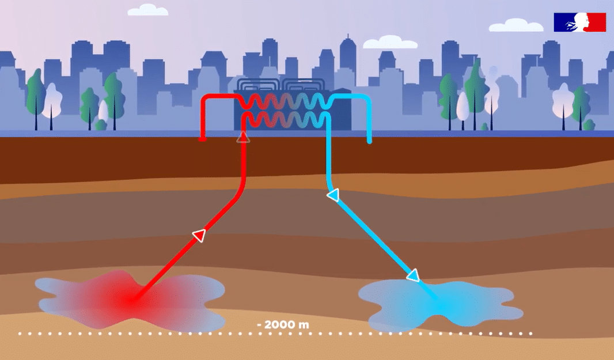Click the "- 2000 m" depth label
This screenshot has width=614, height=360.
283,324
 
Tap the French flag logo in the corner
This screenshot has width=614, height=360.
579,22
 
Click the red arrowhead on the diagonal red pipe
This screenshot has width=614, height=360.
199,235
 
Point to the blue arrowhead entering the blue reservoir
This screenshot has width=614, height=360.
414,275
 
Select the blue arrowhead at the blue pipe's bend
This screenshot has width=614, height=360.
333,195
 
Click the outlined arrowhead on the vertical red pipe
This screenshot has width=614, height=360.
243,137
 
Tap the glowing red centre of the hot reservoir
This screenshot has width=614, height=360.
129,299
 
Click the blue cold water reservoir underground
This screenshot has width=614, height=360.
441,304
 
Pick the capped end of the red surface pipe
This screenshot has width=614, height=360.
202,139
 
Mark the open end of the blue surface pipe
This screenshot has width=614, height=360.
369,141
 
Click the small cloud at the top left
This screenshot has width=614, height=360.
148,10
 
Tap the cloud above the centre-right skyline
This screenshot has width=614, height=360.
390,42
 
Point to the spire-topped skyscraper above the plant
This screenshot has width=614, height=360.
347,59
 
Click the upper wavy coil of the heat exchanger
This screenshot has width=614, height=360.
286,102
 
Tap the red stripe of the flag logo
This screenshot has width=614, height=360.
597,22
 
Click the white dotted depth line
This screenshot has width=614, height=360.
275,334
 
